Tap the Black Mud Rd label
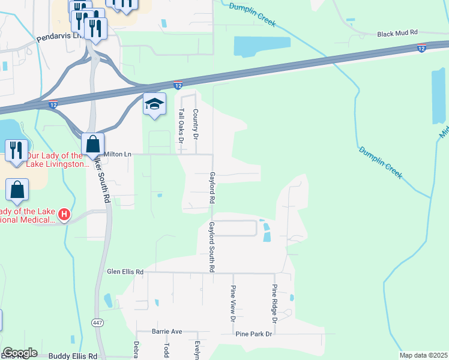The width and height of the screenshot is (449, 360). coord(397,35)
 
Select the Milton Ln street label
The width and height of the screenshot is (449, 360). coord(118,154)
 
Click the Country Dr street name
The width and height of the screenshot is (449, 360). coord(195,124)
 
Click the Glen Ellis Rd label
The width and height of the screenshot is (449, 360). coord(125,272)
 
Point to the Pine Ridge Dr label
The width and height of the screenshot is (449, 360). coord(274,302)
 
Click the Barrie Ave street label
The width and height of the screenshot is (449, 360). coord(167,331)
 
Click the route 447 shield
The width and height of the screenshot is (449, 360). coord(98,323)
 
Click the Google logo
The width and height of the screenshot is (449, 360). coord(20,353)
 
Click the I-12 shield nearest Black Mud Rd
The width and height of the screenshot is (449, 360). coord(422,48)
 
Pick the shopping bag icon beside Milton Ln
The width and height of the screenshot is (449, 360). coord(92,144)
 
